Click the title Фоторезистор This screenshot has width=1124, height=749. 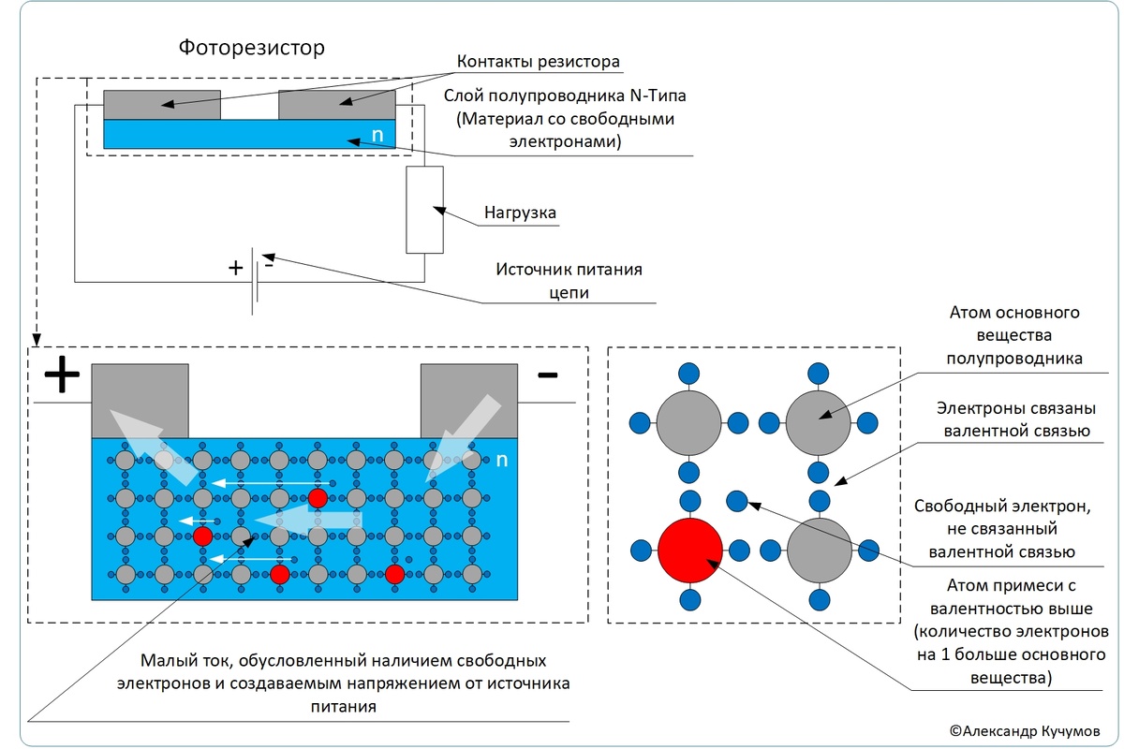click(252, 47)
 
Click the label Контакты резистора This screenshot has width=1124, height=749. click(539, 64)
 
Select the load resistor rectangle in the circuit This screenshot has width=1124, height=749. click(424, 211)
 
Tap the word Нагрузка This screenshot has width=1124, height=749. click(520, 213)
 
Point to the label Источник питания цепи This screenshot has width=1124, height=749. click(569, 281)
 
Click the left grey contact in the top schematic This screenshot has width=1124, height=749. click(162, 104)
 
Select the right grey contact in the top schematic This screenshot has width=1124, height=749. click(337, 104)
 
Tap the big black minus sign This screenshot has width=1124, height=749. click(548, 375)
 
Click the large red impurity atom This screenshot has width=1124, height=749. click(690, 550)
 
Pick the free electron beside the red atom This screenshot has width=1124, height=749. click(736, 502)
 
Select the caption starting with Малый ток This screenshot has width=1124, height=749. click(343, 683)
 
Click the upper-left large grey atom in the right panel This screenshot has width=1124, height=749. click(688, 422)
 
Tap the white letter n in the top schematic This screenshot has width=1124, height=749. click(377, 135)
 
